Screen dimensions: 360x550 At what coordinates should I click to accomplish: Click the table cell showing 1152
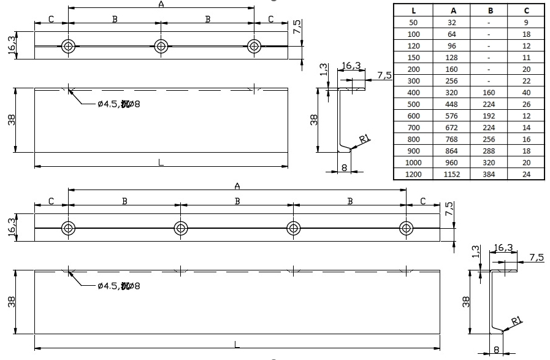452,175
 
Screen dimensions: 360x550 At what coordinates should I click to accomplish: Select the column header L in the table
413,10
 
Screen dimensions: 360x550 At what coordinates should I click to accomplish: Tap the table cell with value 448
452,104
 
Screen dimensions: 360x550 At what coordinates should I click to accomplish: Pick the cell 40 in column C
526,93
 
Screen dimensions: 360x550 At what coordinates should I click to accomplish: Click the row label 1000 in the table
413,163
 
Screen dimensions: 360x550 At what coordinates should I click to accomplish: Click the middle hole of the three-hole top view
161,46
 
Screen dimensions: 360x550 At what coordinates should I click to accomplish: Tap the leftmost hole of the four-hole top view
69,228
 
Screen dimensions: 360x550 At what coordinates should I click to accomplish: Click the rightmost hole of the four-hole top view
406,228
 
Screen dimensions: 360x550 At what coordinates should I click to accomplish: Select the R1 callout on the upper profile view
364,139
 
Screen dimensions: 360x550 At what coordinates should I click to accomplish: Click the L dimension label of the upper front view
161,162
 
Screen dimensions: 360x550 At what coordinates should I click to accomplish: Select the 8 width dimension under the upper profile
345,166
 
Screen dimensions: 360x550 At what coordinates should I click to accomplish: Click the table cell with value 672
452,128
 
